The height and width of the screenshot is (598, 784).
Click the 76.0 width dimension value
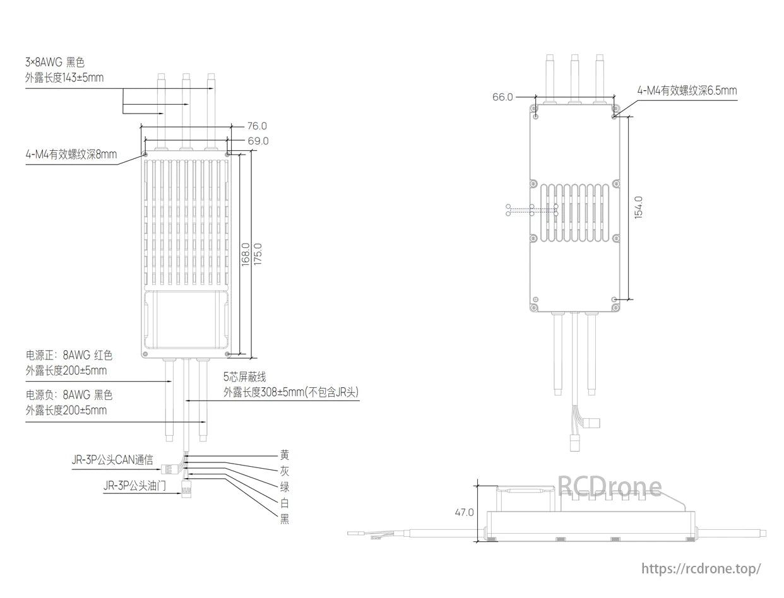point(256,126)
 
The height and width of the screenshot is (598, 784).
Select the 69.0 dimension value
point(258,141)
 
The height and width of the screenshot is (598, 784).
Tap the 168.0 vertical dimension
point(246,254)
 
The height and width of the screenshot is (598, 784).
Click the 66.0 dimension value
point(502,97)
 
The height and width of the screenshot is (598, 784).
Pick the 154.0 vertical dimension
point(638,207)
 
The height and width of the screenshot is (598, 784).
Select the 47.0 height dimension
point(464,512)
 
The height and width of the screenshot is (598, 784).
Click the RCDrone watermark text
point(610,486)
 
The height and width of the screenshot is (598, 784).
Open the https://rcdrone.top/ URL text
point(701,568)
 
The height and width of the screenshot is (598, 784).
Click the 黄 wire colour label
point(285,455)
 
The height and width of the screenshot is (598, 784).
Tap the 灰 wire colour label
point(285,471)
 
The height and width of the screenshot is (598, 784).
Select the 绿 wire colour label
point(285,486)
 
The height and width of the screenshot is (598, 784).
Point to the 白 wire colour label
point(285,503)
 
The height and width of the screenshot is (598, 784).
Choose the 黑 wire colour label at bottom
point(285,519)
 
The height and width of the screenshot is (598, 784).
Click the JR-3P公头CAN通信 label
point(112,460)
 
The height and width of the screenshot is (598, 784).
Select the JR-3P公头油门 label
point(135,486)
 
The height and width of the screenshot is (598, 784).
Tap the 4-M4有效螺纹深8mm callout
point(71,155)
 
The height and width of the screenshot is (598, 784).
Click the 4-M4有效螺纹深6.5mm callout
point(687,91)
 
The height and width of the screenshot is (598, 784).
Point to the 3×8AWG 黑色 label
point(55,62)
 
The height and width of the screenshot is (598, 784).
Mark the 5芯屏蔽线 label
point(245,377)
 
